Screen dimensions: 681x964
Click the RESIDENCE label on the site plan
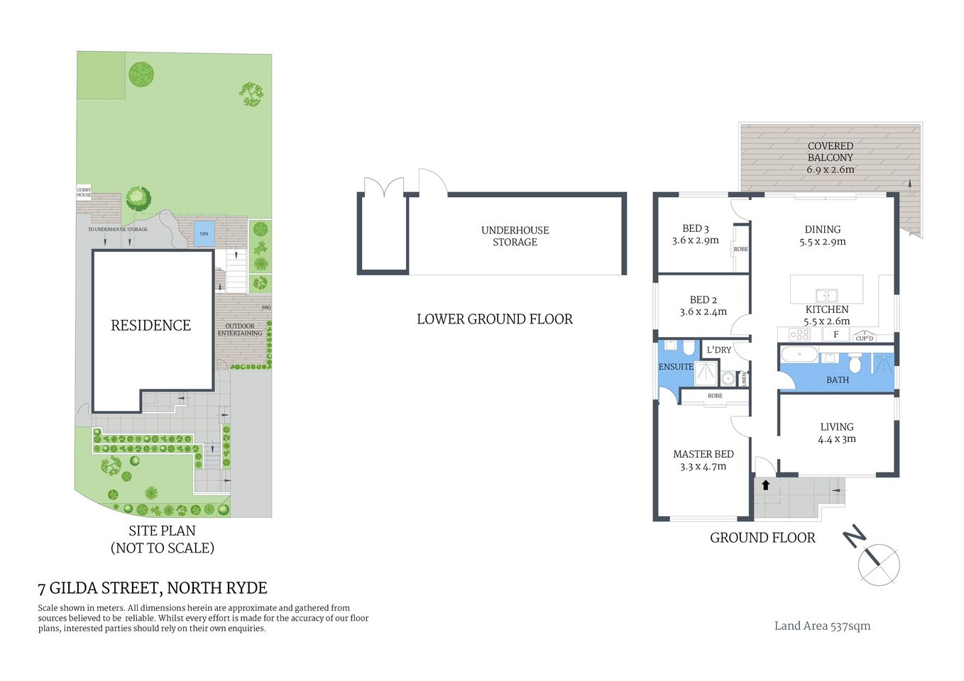tap(150, 326)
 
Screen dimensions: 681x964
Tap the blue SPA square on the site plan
tap(204, 233)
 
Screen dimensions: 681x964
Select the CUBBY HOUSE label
tap(84, 192)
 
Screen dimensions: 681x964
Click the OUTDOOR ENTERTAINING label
tap(240, 330)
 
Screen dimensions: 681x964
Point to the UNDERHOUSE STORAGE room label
tap(515, 236)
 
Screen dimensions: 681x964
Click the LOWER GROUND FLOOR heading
tap(494, 319)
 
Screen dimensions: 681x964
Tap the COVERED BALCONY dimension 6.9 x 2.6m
tap(830, 170)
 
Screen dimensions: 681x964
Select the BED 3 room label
tap(695, 228)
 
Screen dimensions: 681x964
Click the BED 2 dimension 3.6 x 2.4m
tap(703, 311)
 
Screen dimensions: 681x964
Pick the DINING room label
tap(822, 229)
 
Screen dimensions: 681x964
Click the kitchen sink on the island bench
tap(826, 295)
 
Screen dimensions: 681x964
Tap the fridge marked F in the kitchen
tap(836, 334)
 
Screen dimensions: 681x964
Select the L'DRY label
tap(718, 350)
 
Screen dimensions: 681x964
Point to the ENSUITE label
tap(675, 367)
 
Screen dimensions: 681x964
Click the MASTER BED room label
tap(703, 454)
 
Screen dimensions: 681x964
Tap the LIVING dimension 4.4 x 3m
tap(836, 439)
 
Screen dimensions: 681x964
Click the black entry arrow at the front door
tap(765, 485)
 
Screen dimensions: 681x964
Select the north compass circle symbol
tap(879, 565)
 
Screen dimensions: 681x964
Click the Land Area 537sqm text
tap(822, 626)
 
